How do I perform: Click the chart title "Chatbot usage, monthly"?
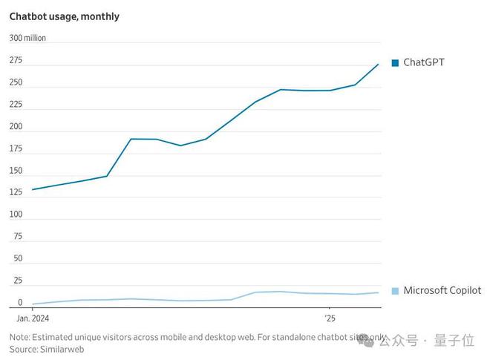tap(64, 16)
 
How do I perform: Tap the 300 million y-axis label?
tap(27, 38)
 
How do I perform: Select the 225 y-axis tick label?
tap(16, 104)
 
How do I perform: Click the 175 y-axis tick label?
tap(16, 148)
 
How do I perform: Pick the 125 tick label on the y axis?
tap(16, 192)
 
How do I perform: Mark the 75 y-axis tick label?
tap(18, 236)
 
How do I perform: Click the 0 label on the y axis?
tap(20, 303)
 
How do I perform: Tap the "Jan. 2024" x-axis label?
tap(33, 318)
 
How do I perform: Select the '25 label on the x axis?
tap(330, 318)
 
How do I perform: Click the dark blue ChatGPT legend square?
tap(395, 63)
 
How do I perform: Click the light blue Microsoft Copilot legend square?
tap(395, 291)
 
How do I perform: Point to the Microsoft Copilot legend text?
tap(442, 291)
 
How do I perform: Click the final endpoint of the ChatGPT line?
tap(379, 65)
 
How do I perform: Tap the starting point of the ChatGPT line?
tap(33, 189)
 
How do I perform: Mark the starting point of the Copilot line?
tap(33, 304)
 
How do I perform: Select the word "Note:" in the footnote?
tap(20, 337)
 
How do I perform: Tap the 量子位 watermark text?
tap(458, 341)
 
